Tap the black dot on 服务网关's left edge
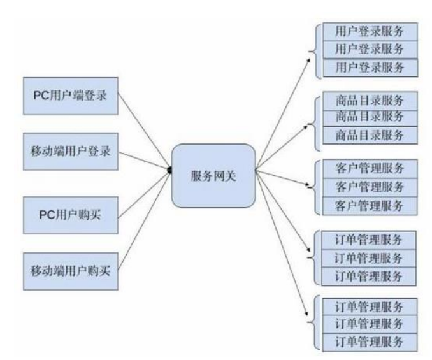[x=170, y=170]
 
